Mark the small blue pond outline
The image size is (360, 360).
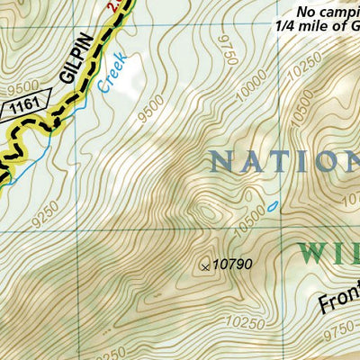[273, 207]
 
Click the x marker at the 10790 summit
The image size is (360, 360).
[205, 265]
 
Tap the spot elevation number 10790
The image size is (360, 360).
[232, 264]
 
